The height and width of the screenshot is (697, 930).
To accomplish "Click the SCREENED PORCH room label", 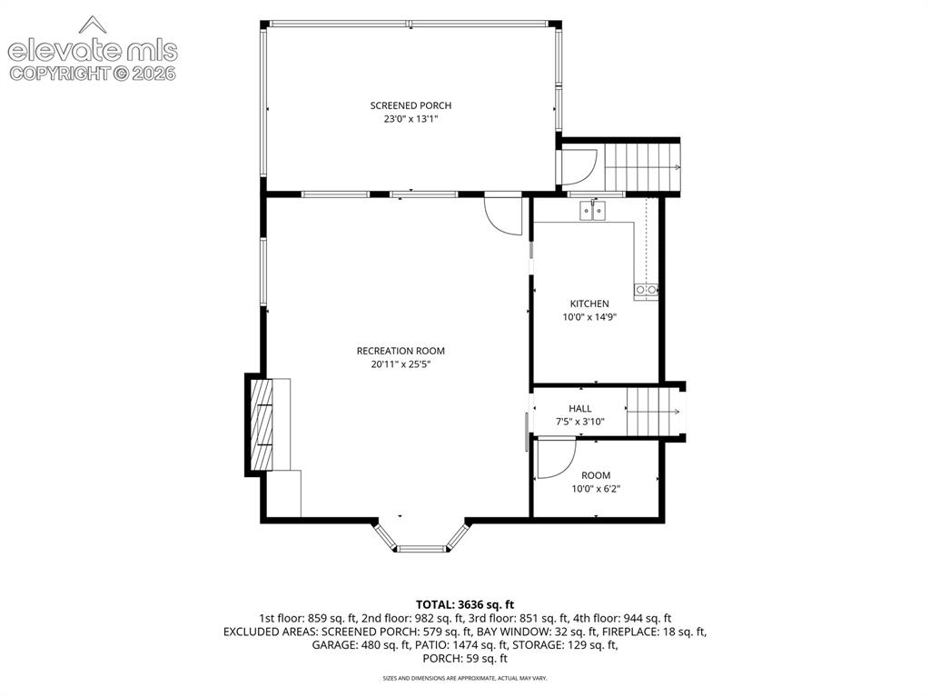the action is tap(411, 105).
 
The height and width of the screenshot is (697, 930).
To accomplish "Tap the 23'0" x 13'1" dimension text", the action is tap(411, 119).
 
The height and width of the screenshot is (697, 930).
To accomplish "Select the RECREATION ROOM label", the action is tap(401, 351).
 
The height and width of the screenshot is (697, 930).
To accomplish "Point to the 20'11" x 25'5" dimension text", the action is tap(401, 364).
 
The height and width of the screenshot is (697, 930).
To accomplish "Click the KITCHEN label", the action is tap(589, 304).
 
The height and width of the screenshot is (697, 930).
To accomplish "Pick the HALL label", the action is tap(580, 408).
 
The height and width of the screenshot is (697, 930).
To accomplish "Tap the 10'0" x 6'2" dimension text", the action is tap(596, 489).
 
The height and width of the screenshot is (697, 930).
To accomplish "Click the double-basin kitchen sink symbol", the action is tap(592, 211).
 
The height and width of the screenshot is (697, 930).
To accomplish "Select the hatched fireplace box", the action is tap(261, 423).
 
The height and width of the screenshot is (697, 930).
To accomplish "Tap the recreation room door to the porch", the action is tap(503, 215).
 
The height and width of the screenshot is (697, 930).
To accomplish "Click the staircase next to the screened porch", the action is tap(642, 167).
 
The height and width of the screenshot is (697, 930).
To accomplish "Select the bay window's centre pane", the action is tap(421, 549).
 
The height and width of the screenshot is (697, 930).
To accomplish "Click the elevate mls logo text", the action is tap(93, 51).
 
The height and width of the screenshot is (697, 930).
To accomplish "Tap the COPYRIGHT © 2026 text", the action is tap(93, 74).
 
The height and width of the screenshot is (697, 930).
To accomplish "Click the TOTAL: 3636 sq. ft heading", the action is tap(465, 605).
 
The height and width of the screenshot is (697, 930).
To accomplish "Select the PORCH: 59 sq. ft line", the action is tap(465, 659).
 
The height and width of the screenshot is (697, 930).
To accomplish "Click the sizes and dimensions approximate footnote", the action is tap(465, 678).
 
